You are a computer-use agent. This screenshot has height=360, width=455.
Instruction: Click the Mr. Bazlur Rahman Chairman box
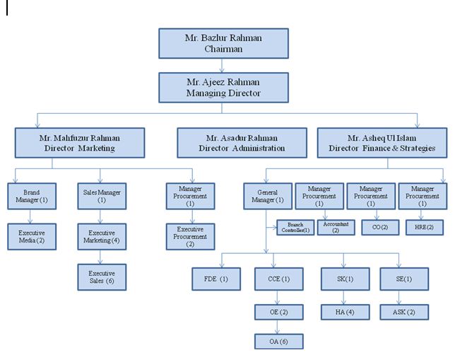(x=223, y=44)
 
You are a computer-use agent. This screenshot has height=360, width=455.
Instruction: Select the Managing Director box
(x=223, y=87)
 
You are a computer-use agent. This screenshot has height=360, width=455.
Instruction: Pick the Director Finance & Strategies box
(x=382, y=143)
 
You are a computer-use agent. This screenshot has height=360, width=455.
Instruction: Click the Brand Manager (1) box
(x=31, y=196)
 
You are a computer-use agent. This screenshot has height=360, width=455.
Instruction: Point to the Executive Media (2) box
(x=31, y=236)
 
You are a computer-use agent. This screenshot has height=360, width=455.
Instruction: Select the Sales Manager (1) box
(x=101, y=196)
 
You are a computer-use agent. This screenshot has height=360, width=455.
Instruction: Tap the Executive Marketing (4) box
(x=101, y=236)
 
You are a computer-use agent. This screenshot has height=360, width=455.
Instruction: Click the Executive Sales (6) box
(x=101, y=276)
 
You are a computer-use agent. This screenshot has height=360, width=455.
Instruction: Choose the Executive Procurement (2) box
(x=190, y=236)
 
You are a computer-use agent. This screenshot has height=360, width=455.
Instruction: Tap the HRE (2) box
(x=423, y=228)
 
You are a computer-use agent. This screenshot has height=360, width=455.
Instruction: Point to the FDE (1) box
(x=216, y=279)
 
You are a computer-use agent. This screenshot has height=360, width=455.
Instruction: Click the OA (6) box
(x=279, y=340)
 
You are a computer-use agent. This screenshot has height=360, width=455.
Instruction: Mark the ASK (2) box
(x=403, y=311)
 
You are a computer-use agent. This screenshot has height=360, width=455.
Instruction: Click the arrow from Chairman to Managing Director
(x=223, y=65)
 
